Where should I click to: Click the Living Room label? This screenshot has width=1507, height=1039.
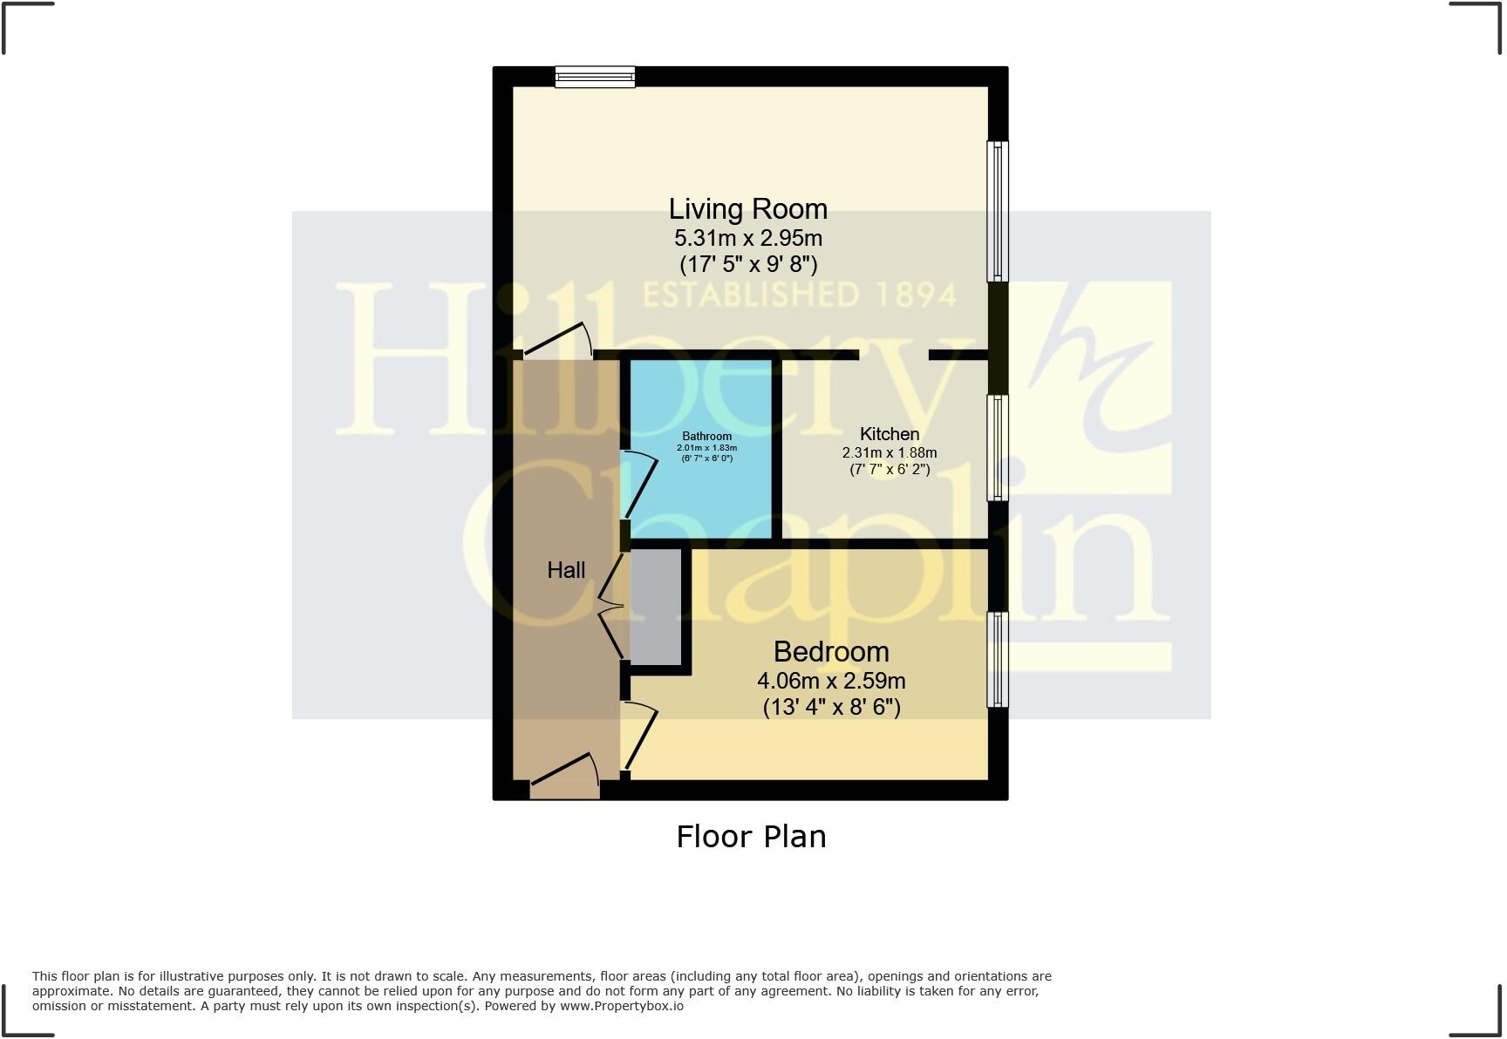[747, 209]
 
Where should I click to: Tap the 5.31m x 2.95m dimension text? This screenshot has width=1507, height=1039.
[747, 238]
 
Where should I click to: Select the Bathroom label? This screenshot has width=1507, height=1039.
[706, 436]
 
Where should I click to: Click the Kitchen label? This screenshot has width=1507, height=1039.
[889, 434]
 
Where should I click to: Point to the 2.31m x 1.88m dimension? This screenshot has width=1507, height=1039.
[889, 452]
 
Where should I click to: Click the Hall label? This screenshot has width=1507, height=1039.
[566, 570]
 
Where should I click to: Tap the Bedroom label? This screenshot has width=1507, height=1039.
[830, 652]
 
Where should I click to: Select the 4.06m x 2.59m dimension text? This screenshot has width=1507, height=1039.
[830, 681]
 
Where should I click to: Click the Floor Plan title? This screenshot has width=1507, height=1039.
[751, 837]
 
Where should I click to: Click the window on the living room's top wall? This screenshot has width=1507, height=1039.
[595, 78]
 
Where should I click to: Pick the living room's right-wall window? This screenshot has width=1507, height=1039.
[997, 212]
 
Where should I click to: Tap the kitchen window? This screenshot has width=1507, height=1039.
[997, 448]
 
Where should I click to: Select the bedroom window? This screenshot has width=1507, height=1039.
[997, 659]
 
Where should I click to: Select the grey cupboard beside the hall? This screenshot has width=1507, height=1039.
[656, 607]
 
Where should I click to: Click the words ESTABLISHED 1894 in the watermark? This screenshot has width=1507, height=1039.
[800, 295]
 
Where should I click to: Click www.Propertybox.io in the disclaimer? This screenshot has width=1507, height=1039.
[621, 1006]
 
